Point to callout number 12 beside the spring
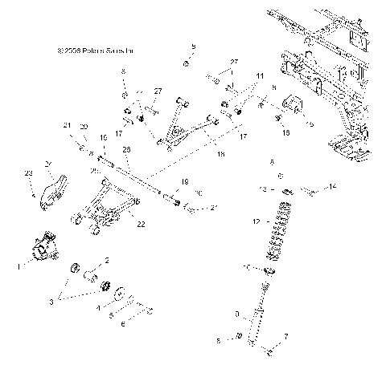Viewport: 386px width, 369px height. pyautogui.click(x=256, y=220)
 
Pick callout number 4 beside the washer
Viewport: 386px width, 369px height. pyautogui.click(x=96, y=306)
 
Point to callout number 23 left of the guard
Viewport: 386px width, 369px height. pyautogui.click(x=29, y=173)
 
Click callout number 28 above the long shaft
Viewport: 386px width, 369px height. pyautogui.click(x=127, y=148)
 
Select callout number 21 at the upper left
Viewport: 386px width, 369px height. pyautogui.click(x=67, y=126)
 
